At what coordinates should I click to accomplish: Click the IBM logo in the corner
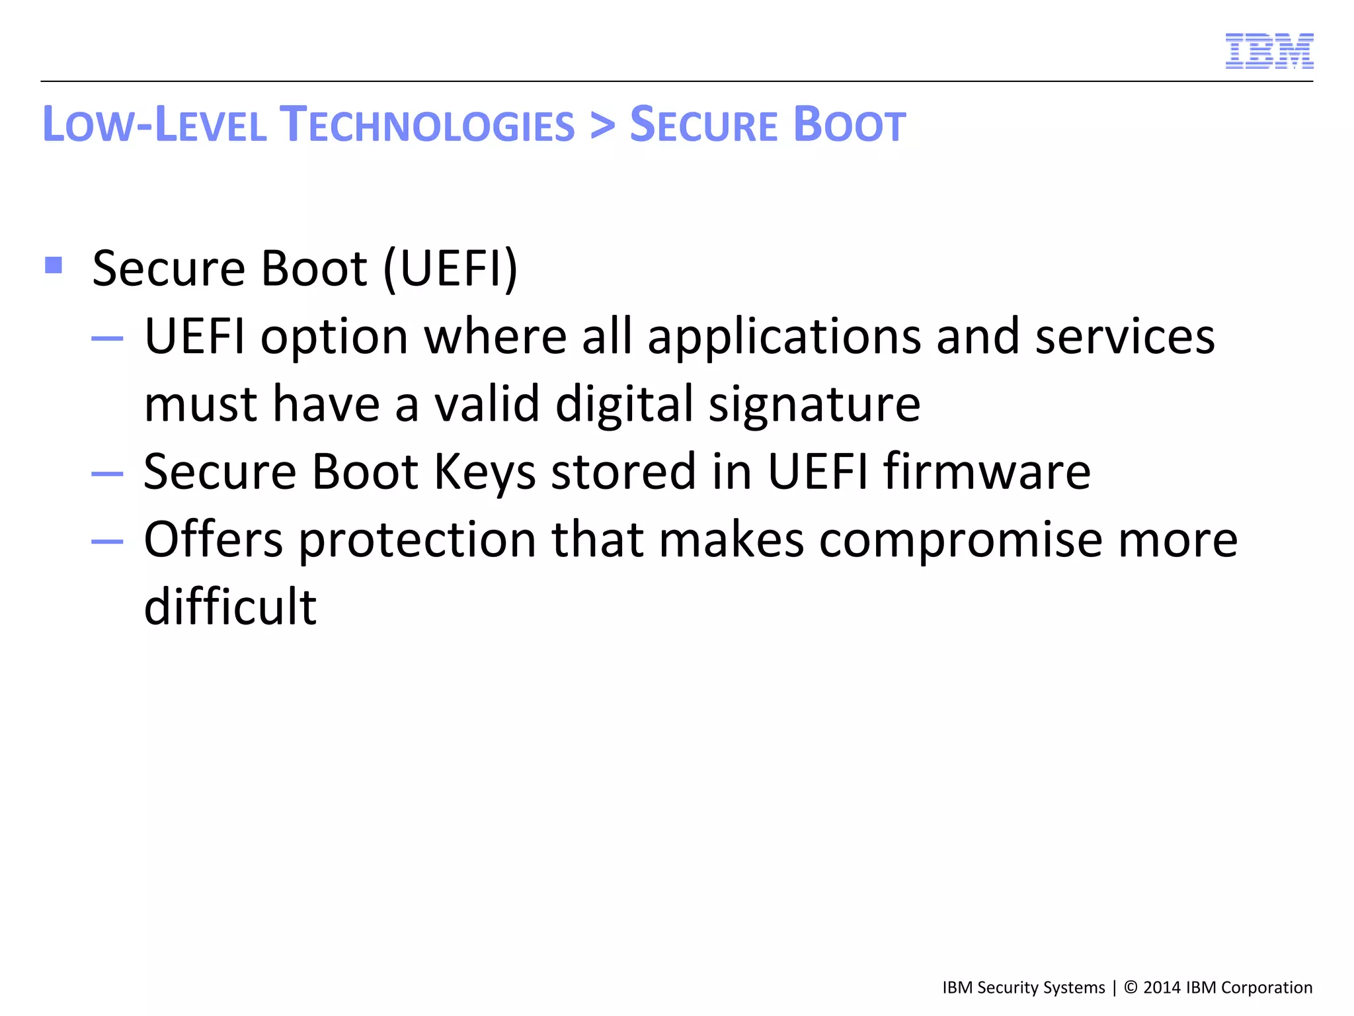pyautogui.click(x=1269, y=51)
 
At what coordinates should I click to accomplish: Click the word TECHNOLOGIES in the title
pyautogui.click(x=427, y=125)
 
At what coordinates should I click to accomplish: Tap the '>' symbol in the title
pyautogui.click(x=602, y=125)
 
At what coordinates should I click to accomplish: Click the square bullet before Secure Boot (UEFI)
pyautogui.click(x=54, y=265)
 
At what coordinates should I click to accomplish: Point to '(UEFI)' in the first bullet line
pyautogui.click(x=450, y=269)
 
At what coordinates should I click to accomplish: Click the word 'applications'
pyautogui.click(x=784, y=337)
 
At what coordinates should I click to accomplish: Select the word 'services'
pyautogui.click(x=1125, y=337)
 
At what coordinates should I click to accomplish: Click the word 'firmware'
pyautogui.click(x=987, y=471)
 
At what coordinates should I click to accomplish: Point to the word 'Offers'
pyautogui.click(x=214, y=539)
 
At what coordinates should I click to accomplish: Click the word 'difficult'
pyautogui.click(x=230, y=607)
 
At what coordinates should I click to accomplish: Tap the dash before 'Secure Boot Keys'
pyautogui.click(x=107, y=474)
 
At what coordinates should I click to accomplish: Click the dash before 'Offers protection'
pyautogui.click(x=107, y=542)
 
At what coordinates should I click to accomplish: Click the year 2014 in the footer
pyautogui.click(x=1162, y=988)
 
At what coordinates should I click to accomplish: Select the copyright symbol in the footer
pyautogui.click(x=1131, y=988)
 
